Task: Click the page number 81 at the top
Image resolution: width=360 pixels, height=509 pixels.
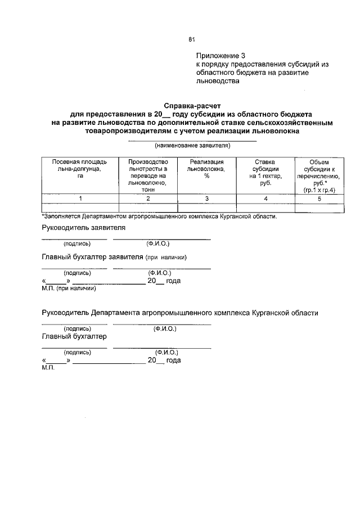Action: (x=191, y=39)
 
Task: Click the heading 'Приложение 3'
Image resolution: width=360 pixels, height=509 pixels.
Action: (x=221, y=56)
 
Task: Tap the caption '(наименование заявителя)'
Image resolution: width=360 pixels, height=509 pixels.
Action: (x=192, y=145)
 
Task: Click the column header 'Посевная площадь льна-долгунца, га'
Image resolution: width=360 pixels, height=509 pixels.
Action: (x=79, y=168)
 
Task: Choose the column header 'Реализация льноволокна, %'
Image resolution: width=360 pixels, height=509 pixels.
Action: (x=206, y=168)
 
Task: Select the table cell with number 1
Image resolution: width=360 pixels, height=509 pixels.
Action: (x=80, y=199)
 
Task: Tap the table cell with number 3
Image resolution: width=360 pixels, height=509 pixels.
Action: (x=206, y=199)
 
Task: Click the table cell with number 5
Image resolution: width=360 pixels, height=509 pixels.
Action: (x=318, y=199)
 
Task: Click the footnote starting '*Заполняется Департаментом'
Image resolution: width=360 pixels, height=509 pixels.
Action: (x=159, y=216)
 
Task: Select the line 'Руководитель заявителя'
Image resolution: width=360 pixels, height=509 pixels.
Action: (x=84, y=228)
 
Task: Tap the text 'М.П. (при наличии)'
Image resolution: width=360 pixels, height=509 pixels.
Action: (x=69, y=289)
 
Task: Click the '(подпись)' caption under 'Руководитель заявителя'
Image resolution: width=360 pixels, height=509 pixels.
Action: (x=73, y=244)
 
